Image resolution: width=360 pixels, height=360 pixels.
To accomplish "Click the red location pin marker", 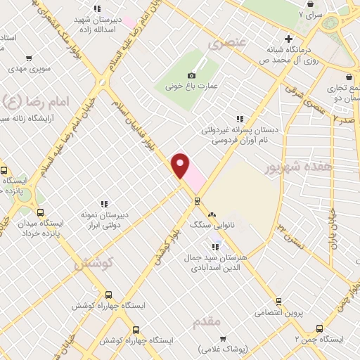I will click(x=181, y=166).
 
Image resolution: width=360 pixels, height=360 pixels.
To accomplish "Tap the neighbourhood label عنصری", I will click(x=227, y=44).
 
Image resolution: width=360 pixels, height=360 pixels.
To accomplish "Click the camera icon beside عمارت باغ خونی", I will click(x=191, y=76).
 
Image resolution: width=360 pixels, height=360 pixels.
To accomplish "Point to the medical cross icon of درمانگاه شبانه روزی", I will click(x=288, y=39).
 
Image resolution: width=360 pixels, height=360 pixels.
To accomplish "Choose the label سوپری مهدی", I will click(x=29, y=70).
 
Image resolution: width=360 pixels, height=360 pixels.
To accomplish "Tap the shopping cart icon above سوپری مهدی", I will click(x=28, y=59).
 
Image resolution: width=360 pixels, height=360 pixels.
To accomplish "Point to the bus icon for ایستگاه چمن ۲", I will click(x=319, y=328).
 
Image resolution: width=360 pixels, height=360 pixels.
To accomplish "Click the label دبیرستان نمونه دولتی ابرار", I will click(x=103, y=224).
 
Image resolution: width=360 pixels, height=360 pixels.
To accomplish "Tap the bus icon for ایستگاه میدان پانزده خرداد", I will click(x=39, y=212).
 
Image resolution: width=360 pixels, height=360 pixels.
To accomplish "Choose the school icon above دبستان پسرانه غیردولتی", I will click(x=240, y=119).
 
